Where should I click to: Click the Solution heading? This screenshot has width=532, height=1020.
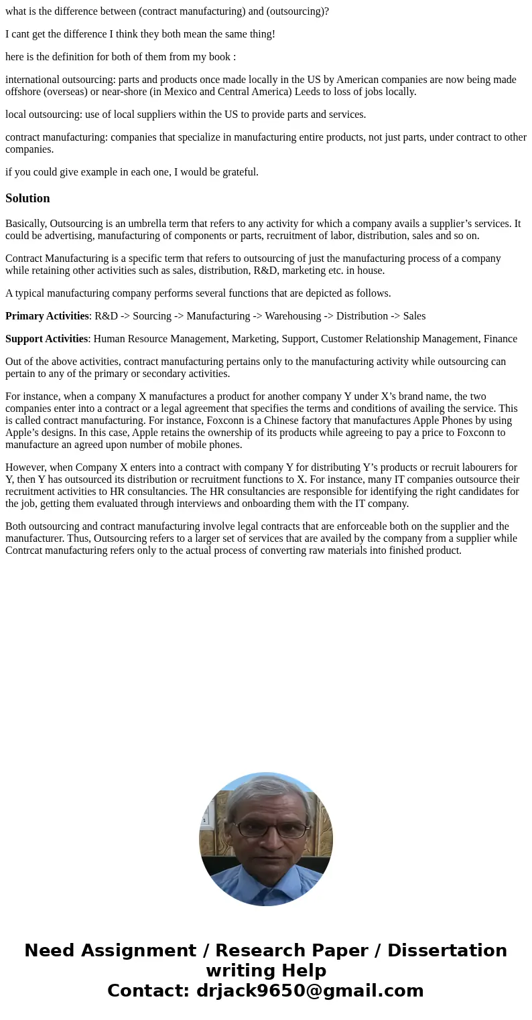point(27,198)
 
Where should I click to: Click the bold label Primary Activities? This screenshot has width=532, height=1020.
point(47,316)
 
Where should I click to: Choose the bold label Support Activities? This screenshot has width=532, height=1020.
point(46,339)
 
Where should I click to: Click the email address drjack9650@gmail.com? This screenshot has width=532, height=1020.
point(310,991)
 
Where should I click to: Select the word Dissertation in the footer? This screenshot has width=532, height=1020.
point(447,950)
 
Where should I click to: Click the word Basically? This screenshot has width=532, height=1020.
point(25,224)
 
